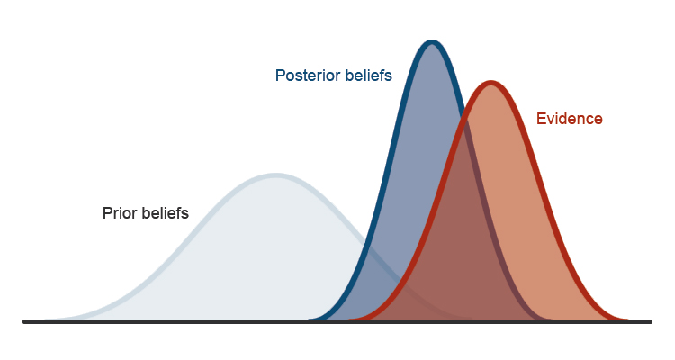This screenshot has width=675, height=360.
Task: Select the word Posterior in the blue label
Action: (x=308, y=76)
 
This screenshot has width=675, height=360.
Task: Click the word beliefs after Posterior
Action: (x=367, y=76)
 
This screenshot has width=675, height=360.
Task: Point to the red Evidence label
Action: (x=569, y=118)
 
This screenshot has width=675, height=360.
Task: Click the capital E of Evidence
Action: (x=541, y=118)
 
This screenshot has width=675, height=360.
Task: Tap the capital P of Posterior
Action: (x=280, y=76)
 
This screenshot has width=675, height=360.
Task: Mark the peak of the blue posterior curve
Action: (x=432, y=41)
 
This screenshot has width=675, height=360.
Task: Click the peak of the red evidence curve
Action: (x=490, y=83)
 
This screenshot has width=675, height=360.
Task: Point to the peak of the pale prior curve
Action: (x=275, y=175)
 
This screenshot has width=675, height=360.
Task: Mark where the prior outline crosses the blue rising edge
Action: (x=366, y=243)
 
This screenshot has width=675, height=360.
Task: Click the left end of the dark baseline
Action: (x=25, y=321)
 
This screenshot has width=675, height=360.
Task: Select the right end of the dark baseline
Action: (x=650, y=321)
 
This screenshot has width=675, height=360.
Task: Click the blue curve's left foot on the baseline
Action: (x=310, y=319)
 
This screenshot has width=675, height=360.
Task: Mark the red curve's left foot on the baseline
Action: (x=360, y=319)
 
